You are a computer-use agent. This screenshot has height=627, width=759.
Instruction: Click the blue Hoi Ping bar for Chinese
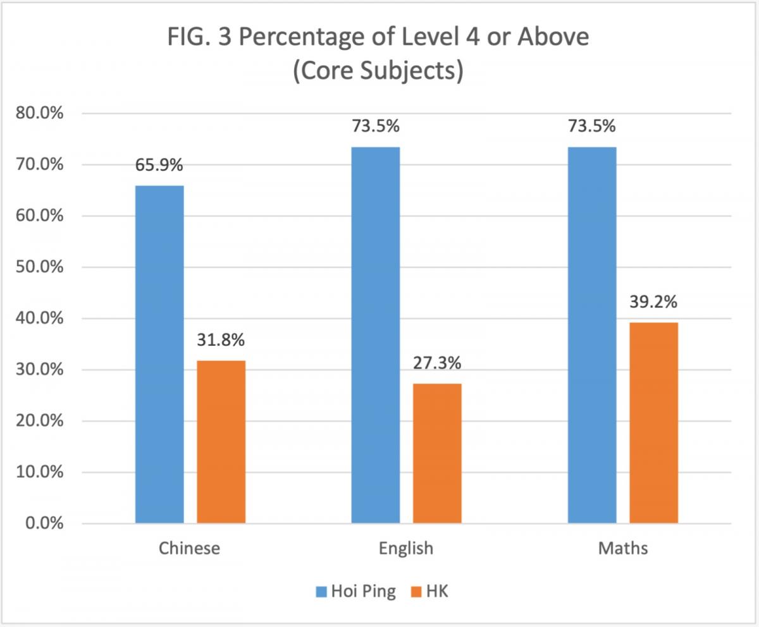[x=159, y=354]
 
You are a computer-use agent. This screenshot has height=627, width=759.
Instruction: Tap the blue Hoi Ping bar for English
[x=375, y=335]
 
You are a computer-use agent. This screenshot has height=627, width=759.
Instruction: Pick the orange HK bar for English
[x=437, y=453]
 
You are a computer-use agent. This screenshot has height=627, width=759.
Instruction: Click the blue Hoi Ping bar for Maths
[x=592, y=335]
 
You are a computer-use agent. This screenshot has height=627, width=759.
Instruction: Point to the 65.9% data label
[x=159, y=166]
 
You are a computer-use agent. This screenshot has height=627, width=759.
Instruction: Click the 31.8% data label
[x=221, y=340]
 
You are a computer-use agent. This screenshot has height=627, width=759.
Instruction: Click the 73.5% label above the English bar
[x=375, y=126]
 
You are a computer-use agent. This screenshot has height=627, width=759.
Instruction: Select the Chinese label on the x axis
[x=190, y=547]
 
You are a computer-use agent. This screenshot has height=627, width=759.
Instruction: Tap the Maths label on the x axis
[x=623, y=547]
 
